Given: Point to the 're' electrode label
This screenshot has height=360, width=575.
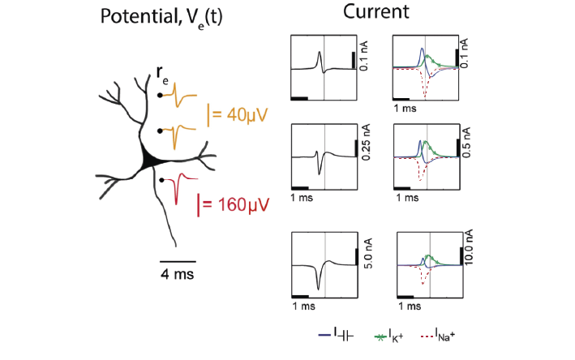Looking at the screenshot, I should [x=163, y=79].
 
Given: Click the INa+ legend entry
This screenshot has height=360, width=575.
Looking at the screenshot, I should [x=438, y=334].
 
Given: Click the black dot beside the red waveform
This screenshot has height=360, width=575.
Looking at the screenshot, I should [x=162, y=179].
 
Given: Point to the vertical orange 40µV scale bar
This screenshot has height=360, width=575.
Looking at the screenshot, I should [x=209, y=115].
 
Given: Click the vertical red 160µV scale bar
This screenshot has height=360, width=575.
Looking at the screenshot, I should [x=200, y=204].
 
